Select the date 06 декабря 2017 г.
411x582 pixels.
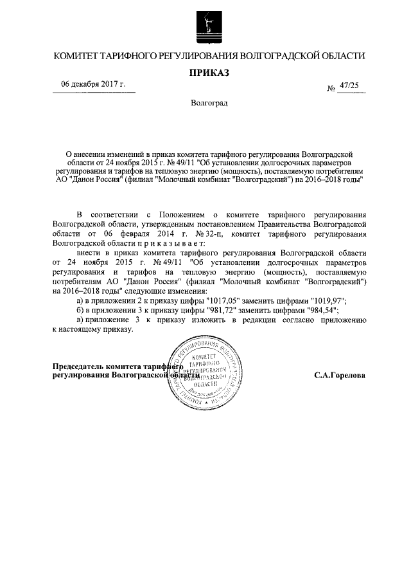93,85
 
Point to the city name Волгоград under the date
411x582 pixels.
209,103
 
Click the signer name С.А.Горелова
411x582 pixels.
340,374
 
